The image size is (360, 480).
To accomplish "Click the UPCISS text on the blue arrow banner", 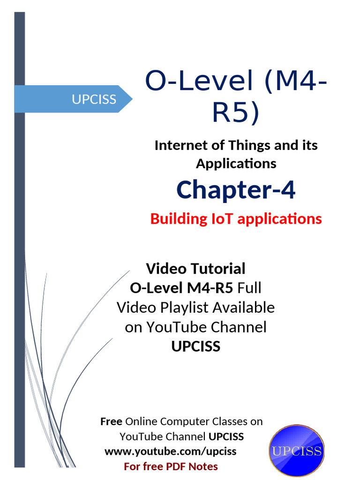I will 94,99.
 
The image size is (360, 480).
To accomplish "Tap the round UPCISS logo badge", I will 296,451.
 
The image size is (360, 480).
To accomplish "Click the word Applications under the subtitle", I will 236,164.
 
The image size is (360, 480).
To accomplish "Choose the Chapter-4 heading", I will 236,190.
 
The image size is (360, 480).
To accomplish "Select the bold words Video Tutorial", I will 195,269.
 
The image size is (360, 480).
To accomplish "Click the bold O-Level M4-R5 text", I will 181,288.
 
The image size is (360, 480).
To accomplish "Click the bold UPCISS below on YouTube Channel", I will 195,346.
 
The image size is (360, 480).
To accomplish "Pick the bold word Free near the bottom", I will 111,421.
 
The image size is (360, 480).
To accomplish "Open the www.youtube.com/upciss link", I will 170,451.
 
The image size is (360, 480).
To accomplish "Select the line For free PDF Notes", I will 171,466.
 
